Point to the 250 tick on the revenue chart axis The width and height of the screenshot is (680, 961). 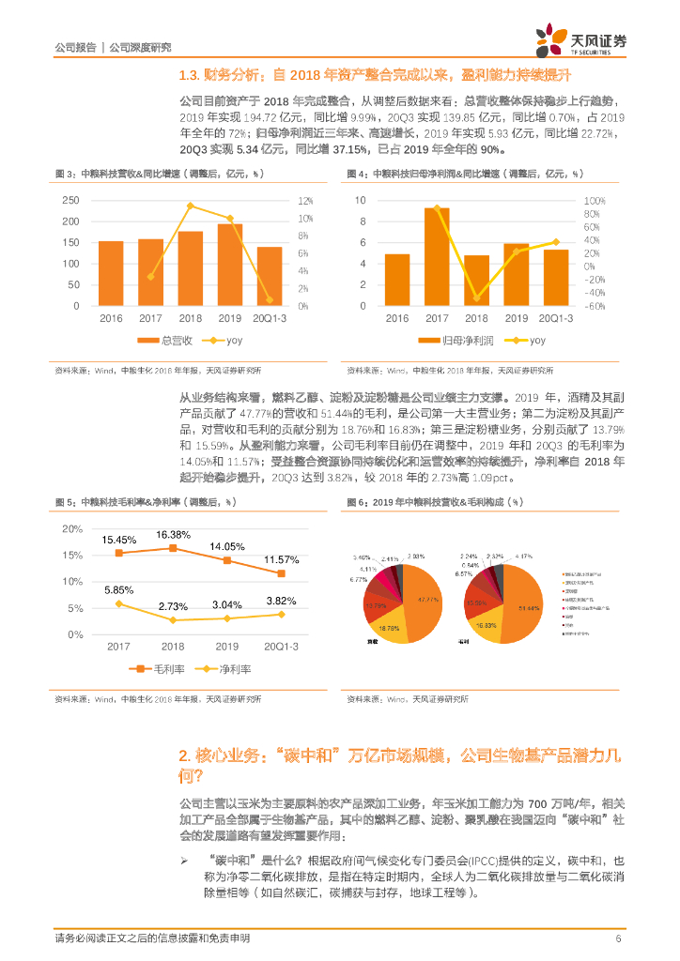(x=70, y=201)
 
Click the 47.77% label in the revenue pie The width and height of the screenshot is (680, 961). (x=428, y=599)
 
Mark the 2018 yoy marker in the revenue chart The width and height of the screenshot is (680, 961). (x=191, y=206)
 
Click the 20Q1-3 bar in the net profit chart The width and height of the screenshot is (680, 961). (x=556, y=277)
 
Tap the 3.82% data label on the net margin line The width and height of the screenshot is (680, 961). (x=281, y=601)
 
